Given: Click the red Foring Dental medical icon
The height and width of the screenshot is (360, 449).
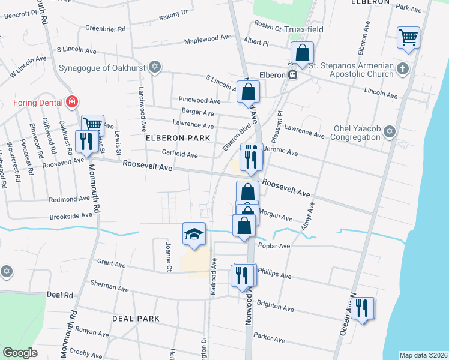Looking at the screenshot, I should tap(72, 102).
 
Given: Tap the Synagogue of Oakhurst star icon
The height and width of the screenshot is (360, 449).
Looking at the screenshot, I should tap(155, 67).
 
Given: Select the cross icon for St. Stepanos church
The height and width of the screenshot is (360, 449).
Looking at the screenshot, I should tap(403, 70).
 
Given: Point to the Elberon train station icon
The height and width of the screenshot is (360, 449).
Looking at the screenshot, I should tap(293, 75).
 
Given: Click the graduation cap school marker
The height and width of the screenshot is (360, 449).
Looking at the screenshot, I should tap(194, 233).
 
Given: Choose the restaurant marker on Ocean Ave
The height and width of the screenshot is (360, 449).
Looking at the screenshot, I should tap(363, 308).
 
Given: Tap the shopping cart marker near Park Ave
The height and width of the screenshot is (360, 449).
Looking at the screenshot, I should tap(408, 37).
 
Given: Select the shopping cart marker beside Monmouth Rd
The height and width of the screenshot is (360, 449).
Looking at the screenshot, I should tap(92, 124).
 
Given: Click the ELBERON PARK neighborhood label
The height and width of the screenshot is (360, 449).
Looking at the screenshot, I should tap(178, 138).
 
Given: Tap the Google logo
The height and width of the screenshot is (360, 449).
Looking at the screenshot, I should tap(20, 353).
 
